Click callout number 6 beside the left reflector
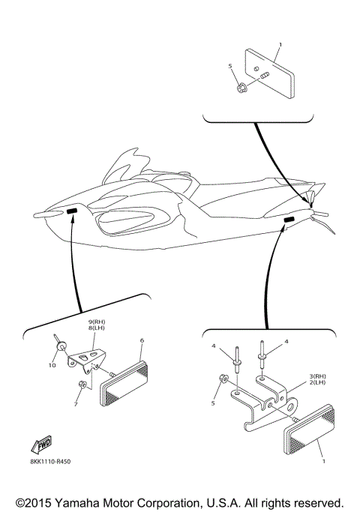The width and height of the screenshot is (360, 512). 142,340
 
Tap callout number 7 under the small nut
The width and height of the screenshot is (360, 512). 76,404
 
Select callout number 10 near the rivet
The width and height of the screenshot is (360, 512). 52,365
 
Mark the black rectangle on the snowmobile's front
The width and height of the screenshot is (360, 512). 73,213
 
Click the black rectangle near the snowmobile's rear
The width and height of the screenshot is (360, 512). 289,218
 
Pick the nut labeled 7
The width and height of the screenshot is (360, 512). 82,386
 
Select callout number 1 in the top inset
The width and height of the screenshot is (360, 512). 280,46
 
